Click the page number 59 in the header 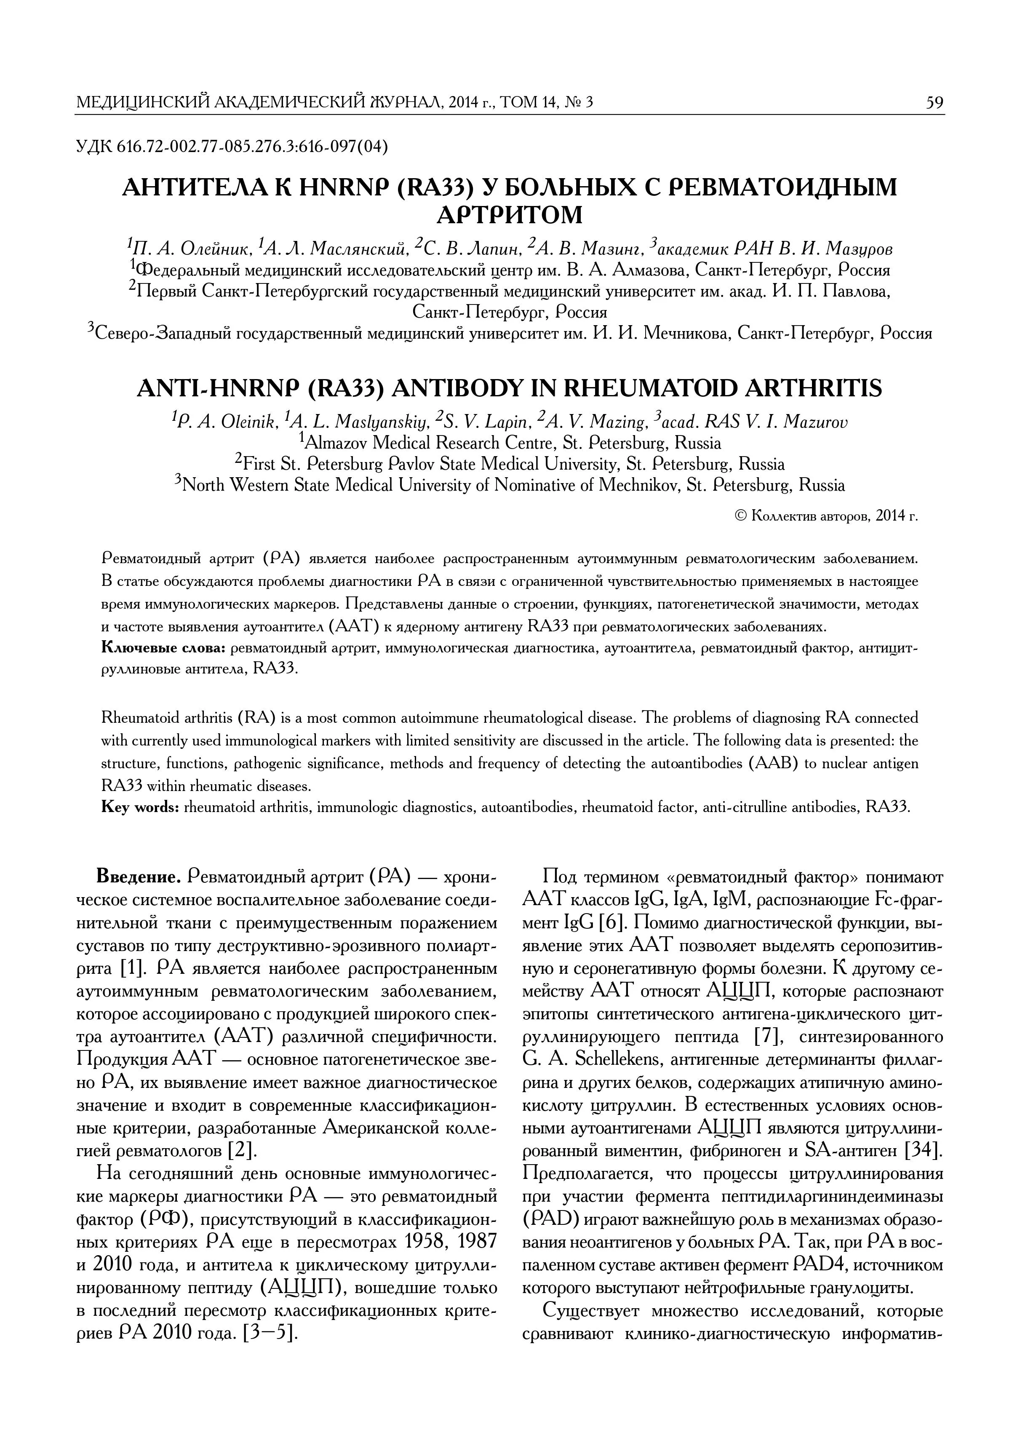935,102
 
